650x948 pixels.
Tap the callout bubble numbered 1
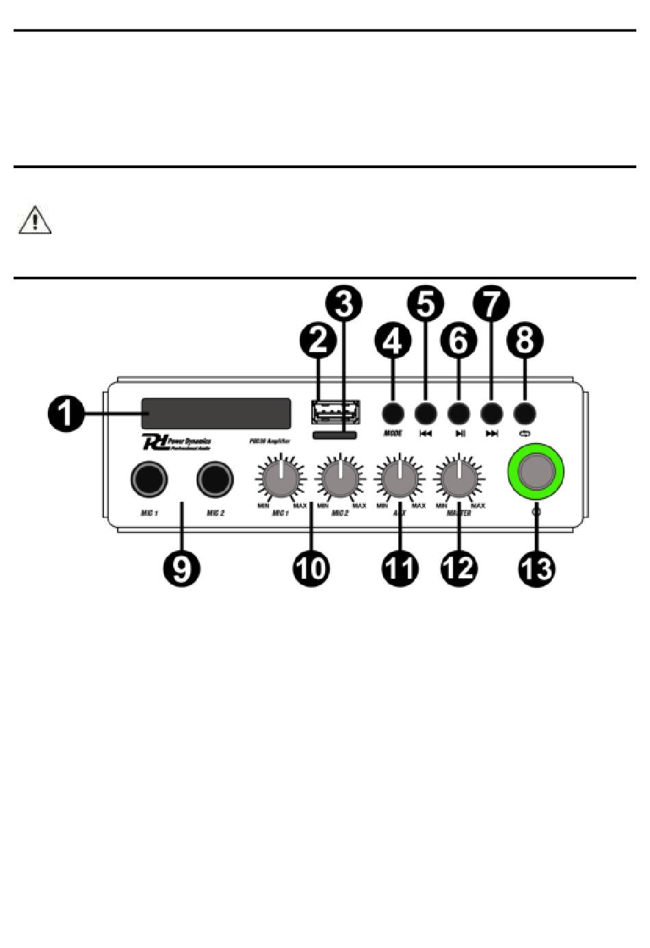65,414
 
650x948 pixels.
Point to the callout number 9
181,567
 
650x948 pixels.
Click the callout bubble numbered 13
536,567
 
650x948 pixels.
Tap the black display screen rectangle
216,414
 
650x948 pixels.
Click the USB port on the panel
335,412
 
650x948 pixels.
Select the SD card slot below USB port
334,435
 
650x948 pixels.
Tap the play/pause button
458,413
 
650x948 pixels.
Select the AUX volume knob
400,478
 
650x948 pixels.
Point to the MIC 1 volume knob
280,478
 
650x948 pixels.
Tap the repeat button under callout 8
524,413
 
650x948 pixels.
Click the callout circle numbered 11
399,567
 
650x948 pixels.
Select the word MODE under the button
393,433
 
